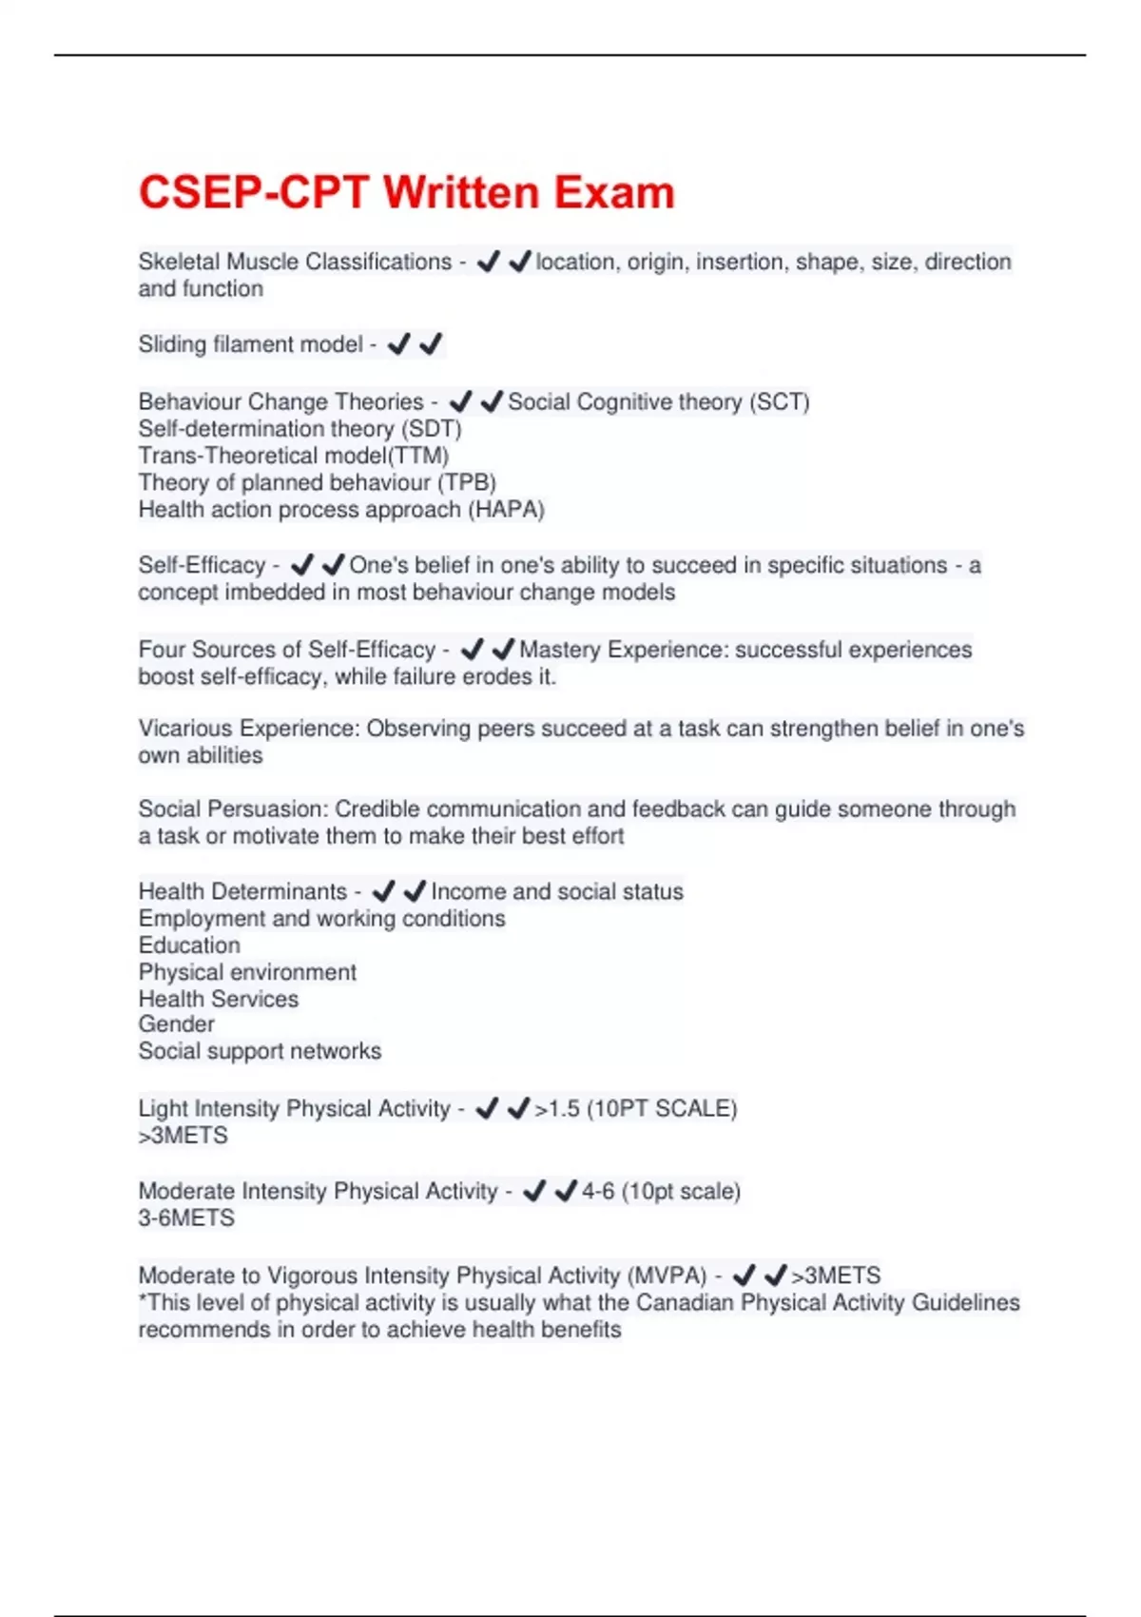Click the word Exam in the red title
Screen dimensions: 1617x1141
pos(614,192)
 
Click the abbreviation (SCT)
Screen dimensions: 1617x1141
pos(779,401)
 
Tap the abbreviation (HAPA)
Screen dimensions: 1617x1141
pos(506,510)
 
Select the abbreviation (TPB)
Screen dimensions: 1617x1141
pos(467,482)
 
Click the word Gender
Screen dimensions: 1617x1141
pos(177,1024)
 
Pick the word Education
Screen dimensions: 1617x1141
pos(189,945)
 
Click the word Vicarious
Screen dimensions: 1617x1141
pos(185,729)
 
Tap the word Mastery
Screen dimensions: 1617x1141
pos(560,650)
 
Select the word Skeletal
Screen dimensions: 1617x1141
pos(179,262)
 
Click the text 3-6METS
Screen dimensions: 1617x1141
pos(186,1218)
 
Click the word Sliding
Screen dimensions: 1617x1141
pos(172,344)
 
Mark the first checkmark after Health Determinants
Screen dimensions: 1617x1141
pos(383,891)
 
